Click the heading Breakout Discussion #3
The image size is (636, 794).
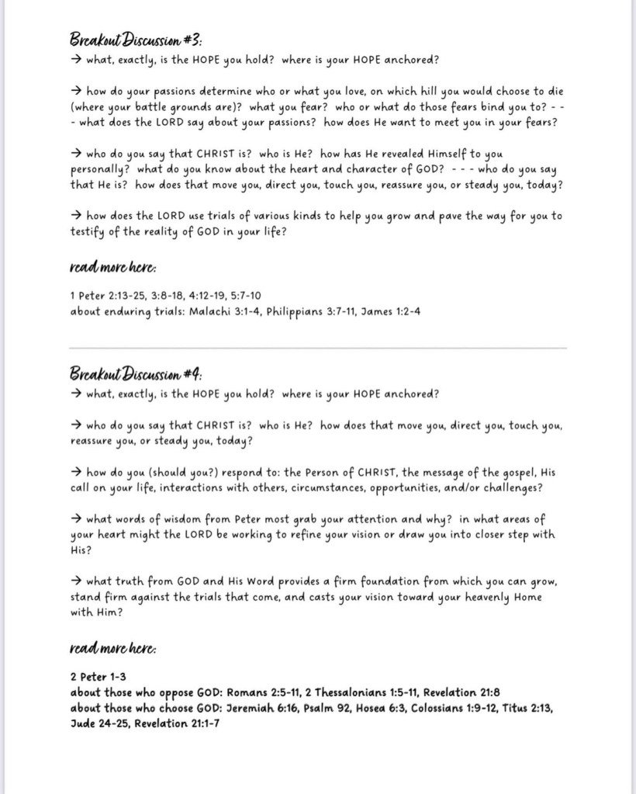coord(136,40)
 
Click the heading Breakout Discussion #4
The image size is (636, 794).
coord(136,373)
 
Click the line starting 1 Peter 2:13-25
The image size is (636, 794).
coord(165,295)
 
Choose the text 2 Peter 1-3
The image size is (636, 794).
coord(99,676)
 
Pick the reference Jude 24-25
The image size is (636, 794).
coord(99,723)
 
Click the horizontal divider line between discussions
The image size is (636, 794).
coord(318,348)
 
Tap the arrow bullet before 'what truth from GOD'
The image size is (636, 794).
coord(76,581)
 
